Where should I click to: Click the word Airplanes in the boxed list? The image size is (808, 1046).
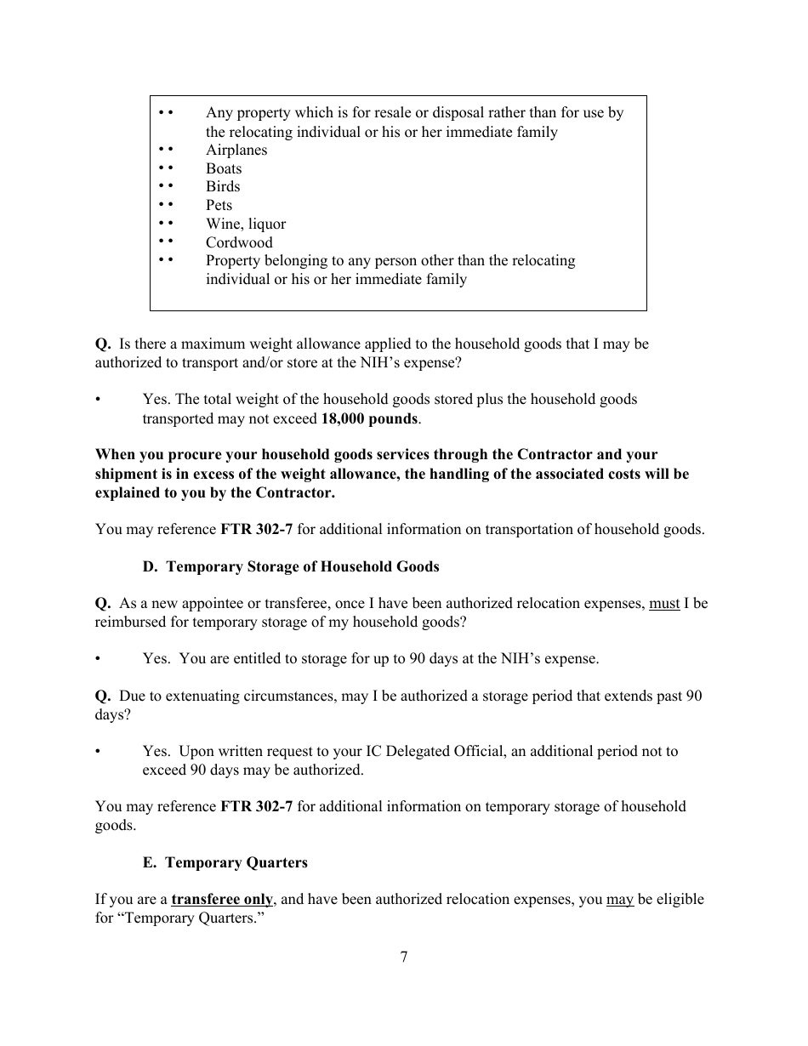(236, 151)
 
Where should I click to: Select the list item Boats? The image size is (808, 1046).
(224, 169)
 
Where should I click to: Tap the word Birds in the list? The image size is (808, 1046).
(223, 187)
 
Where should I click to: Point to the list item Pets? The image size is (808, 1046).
(219, 206)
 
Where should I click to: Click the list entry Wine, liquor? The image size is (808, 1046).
(246, 225)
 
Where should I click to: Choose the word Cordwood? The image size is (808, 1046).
(239, 243)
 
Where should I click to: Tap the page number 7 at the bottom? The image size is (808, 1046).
(404, 957)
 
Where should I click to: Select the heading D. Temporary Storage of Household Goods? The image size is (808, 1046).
(291, 566)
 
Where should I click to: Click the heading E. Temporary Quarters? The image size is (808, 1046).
(225, 862)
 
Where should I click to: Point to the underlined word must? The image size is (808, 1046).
(664, 604)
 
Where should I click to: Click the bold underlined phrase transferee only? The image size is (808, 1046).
(222, 900)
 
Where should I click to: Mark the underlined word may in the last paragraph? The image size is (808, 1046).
(619, 900)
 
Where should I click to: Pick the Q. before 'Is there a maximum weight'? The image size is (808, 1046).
(103, 344)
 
